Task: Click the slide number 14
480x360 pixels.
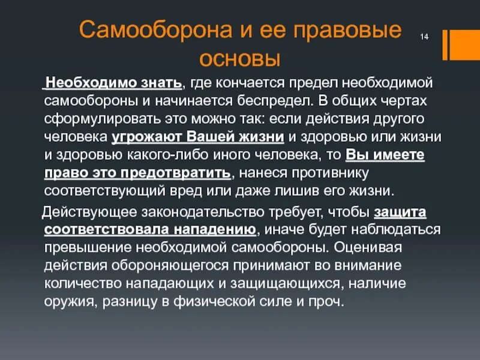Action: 424,38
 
